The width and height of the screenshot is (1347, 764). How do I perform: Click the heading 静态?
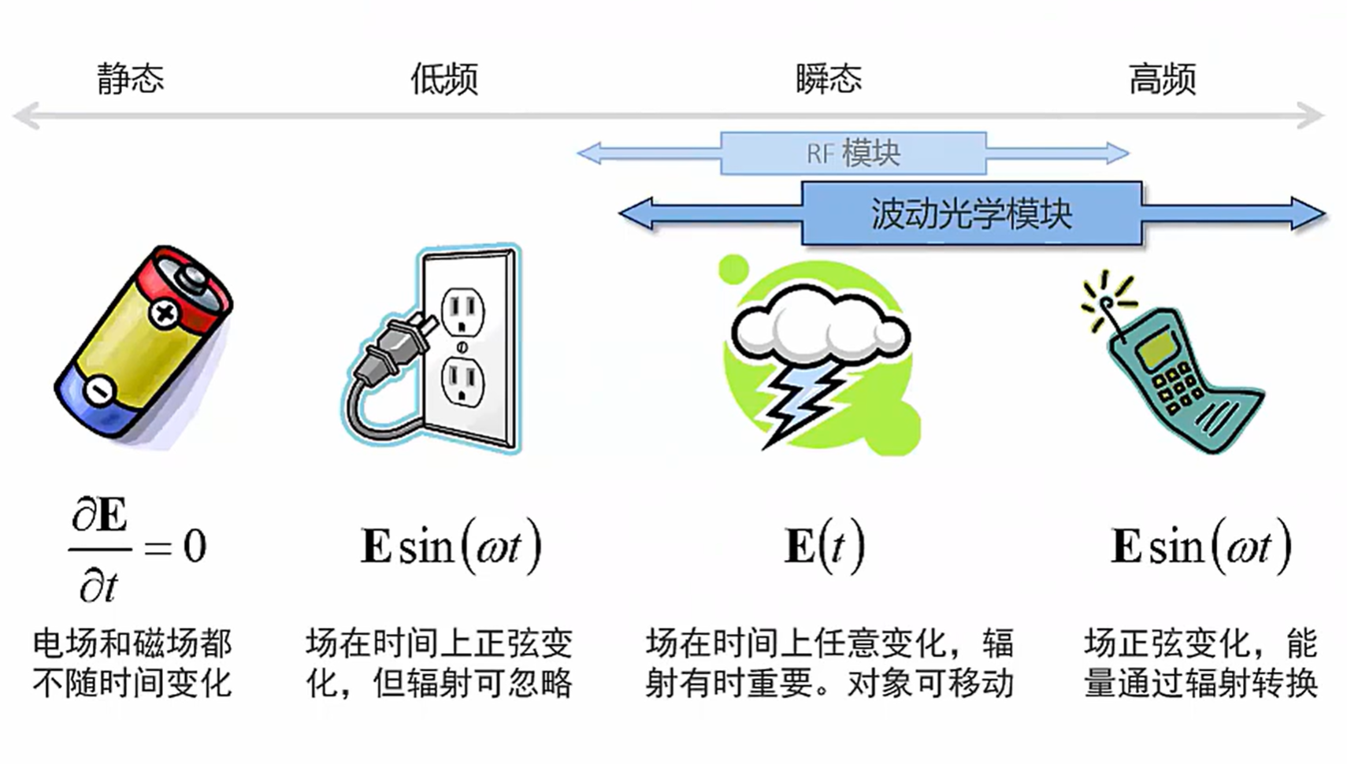point(130,79)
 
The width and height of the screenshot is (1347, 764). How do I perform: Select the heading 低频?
point(443,79)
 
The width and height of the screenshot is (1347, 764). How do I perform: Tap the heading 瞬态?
point(828,79)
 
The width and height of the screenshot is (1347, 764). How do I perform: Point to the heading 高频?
point(1162,79)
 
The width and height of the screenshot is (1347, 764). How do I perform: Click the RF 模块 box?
point(853,153)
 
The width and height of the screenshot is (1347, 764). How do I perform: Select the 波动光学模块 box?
point(971,213)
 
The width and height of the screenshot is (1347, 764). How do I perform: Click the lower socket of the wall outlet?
point(462,381)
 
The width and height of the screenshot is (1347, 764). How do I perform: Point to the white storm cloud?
point(819,327)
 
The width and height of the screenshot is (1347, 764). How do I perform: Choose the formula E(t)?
point(824,546)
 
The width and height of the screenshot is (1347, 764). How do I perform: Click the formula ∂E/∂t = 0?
point(138,547)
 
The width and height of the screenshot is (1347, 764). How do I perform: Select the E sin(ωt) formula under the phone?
point(1200,546)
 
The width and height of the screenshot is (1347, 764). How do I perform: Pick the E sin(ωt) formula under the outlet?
point(451,546)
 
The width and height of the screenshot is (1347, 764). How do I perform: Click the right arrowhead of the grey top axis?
point(1312,116)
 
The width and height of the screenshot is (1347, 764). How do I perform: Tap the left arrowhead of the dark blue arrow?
point(635,213)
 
